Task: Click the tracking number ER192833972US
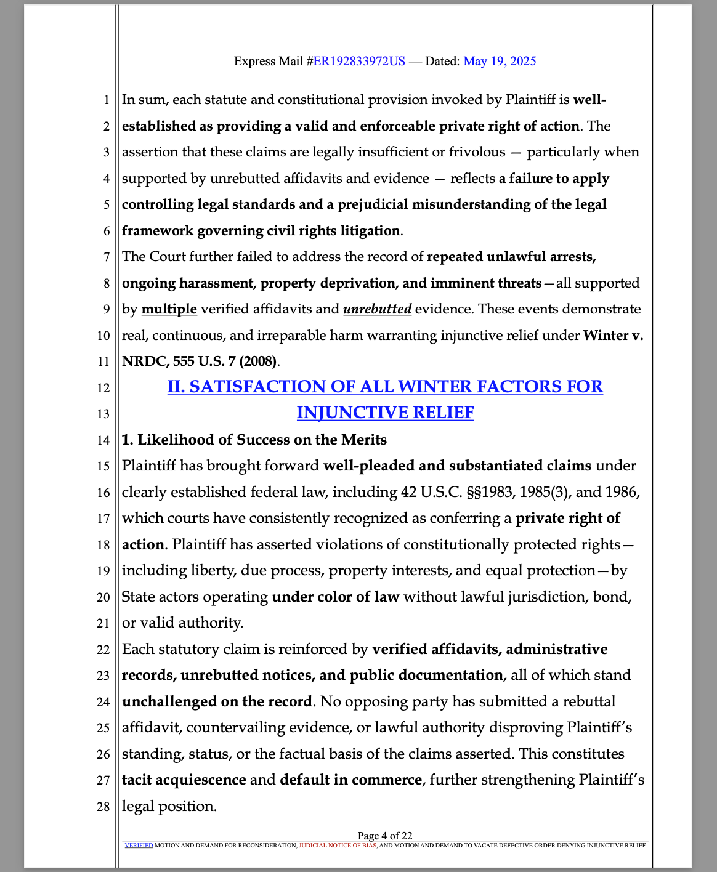coord(359,61)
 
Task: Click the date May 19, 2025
coord(500,61)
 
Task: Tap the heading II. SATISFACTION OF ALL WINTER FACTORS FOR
coord(385,387)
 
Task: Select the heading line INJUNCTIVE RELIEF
coord(385,413)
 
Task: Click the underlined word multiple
coord(169,309)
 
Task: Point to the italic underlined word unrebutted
coord(377,309)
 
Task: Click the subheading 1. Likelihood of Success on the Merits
coord(254,440)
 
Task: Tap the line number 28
coord(103,807)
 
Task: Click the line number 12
coord(103,388)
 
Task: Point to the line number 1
coord(106,100)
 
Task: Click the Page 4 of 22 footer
coord(385,836)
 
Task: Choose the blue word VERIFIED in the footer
coord(139,846)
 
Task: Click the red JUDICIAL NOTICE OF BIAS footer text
coord(338,846)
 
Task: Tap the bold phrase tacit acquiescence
coord(184,780)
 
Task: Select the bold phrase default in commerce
coord(350,780)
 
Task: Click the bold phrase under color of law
coord(336,597)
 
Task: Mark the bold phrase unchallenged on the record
coord(217,701)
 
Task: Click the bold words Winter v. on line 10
coord(613,336)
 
